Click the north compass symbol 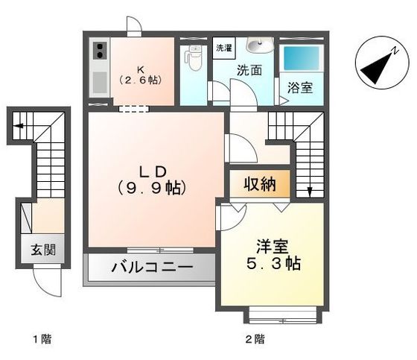point(378,64)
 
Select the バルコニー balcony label point(152,267)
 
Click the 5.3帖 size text point(273,264)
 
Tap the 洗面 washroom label point(249,71)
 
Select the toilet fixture point(194,58)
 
